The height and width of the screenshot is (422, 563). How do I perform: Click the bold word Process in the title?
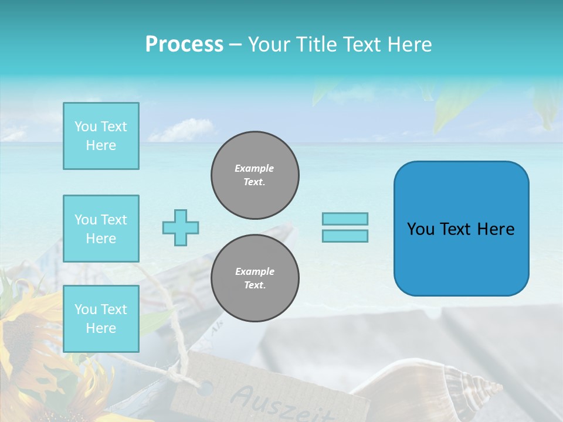click(x=184, y=45)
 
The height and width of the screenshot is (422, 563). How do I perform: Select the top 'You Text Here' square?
click(x=101, y=136)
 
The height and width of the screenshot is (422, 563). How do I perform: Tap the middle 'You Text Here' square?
click(x=101, y=229)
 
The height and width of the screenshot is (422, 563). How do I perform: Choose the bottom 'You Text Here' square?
click(x=101, y=319)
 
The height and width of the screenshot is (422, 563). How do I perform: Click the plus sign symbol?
click(x=181, y=227)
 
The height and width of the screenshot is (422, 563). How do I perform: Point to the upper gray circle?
click(x=255, y=175)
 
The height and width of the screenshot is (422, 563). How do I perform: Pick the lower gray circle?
click(x=255, y=278)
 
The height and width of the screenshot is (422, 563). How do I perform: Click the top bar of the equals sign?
click(x=345, y=219)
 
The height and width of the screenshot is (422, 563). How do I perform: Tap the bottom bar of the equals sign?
click(x=345, y=236)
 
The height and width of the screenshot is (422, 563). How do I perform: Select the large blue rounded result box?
click(x=461, y=229)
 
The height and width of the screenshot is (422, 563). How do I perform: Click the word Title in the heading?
click(x=318, y=45)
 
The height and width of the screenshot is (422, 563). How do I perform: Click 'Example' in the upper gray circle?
click(x=255, y=168)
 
